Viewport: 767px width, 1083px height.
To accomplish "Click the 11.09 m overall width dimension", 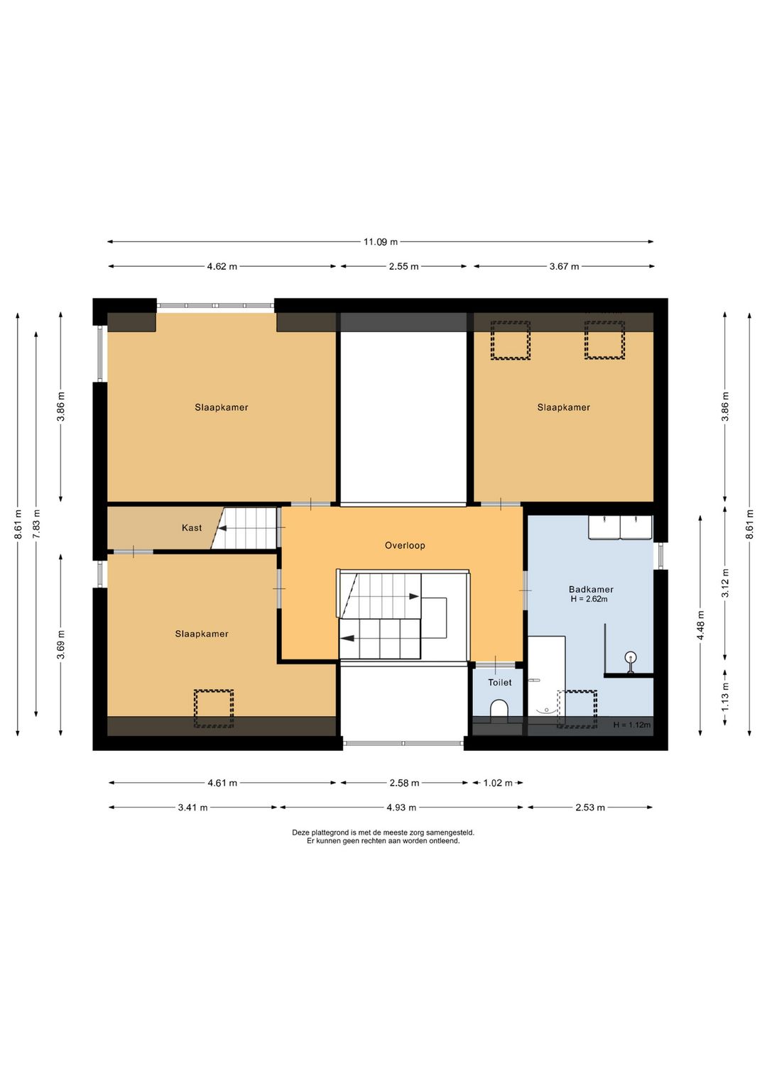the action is [381, 242].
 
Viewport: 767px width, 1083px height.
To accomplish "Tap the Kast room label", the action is [192, 527].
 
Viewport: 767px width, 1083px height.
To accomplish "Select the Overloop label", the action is [405, 545].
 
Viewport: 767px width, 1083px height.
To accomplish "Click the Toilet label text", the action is [499, 682].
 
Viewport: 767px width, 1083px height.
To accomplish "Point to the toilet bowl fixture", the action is [499, 710].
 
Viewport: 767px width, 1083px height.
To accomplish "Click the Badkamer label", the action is [591, 589].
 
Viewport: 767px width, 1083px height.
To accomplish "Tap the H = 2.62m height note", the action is [589, 599].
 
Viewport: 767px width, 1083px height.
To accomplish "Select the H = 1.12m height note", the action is [632, 725].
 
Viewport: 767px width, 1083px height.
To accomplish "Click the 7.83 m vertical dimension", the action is [36, 521].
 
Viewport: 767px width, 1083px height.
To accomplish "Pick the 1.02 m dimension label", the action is [497, 783].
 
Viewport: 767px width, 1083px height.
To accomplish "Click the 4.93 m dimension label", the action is [401, 808].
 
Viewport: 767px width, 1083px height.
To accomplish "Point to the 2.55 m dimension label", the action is [403, 266].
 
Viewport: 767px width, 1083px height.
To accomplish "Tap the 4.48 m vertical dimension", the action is [701, 625].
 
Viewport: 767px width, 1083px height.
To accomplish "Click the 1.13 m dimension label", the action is [725, 696].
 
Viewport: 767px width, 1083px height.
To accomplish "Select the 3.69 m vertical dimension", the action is [60, 644].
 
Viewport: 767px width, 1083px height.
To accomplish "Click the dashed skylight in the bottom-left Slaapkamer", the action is [214, 708].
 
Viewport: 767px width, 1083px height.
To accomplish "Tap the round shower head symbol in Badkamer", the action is [631, 657].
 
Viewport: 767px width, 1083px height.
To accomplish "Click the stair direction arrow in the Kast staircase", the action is [222, 529].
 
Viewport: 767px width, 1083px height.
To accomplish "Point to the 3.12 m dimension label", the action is [725, 583].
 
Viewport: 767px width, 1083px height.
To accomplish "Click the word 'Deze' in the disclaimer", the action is [300, 832].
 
